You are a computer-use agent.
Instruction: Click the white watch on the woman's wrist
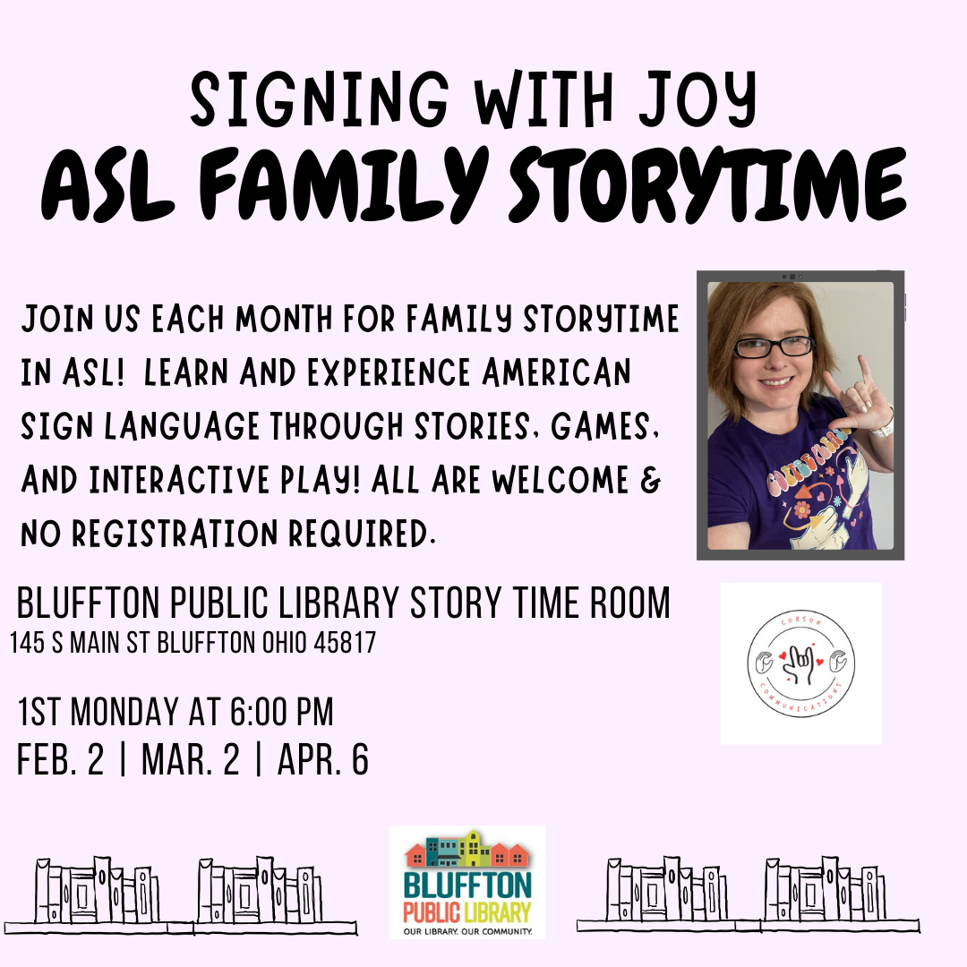[884, 425]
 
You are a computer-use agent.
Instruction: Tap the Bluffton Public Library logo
[467, 883]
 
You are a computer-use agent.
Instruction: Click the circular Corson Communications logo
[800, 663]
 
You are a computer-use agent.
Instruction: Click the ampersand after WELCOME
[652, 481]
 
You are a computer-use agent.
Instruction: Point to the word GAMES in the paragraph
[605, 427]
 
